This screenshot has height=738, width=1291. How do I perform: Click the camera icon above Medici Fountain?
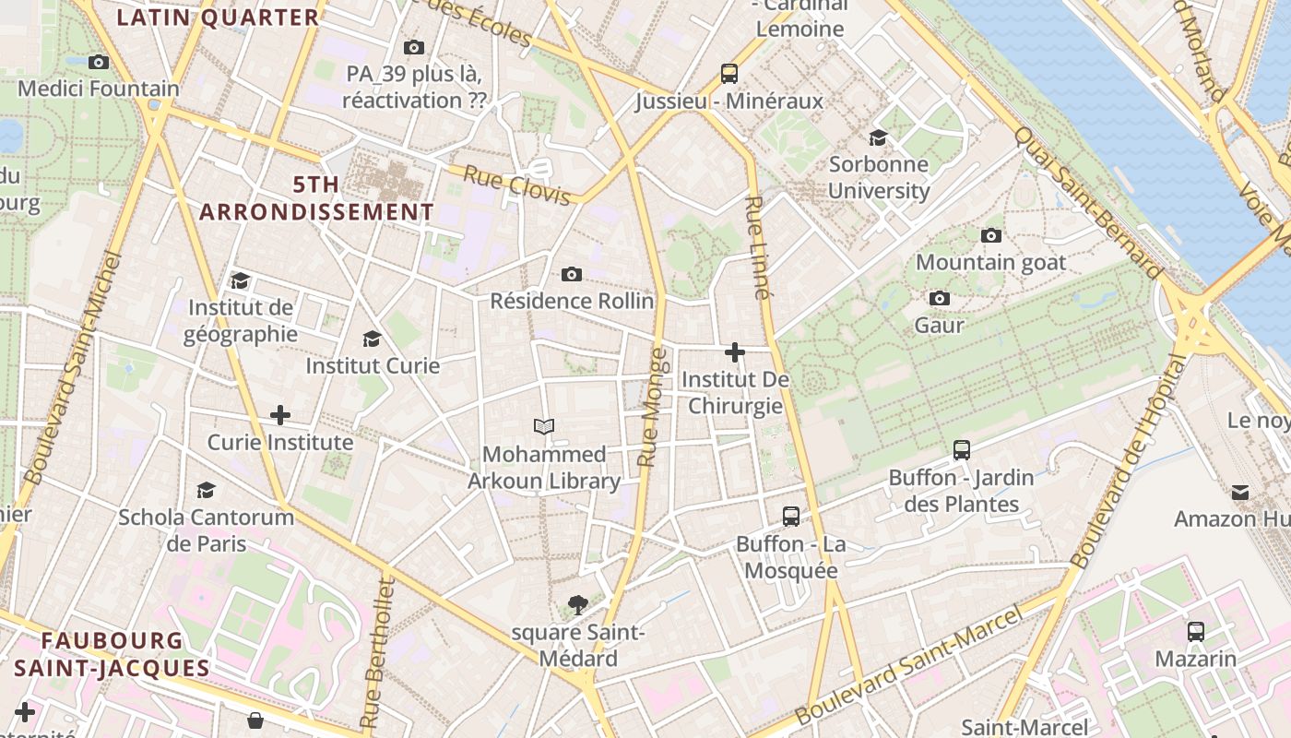(99, 63)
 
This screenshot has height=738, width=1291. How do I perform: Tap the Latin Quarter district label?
(219, 18)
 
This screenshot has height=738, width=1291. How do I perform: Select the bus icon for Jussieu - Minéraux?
(728, 74)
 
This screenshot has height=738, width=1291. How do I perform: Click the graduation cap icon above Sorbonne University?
(878, 138)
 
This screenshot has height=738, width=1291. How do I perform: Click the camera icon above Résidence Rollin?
(572, 274)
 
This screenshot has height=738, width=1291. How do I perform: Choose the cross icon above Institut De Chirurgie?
(735, 352)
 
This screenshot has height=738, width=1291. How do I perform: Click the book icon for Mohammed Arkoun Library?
(544, 426)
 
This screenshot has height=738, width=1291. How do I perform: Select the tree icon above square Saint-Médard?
(578, 605)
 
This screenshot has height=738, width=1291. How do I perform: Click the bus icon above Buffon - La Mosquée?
(790, 517)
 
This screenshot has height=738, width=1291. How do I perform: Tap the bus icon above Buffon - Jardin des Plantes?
(962, 450)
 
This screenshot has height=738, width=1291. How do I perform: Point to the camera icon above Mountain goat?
(991, 235)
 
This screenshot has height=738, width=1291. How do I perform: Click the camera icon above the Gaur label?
(940, 298)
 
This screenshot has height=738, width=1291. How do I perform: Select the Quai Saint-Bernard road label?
(1088, 203)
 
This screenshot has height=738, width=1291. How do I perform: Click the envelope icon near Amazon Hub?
(1240, 493)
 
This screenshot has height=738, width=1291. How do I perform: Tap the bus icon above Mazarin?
(1196, 632)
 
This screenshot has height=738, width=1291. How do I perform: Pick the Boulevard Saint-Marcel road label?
(909, 664)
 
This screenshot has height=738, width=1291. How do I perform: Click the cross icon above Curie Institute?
(280, 415)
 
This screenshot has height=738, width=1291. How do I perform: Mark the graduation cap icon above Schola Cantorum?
(207, 490)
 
